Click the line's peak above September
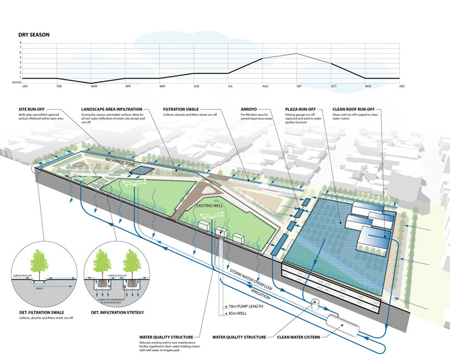(x=298, y=54)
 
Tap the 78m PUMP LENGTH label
(x=243, y=305)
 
